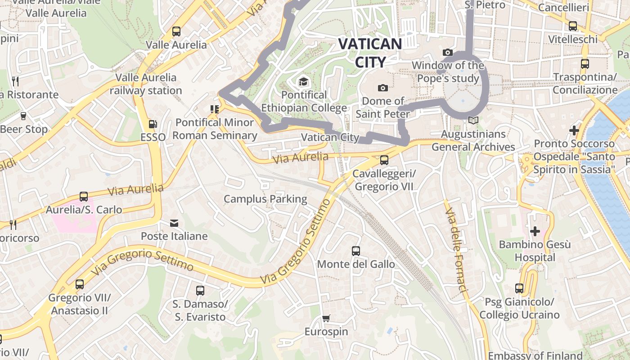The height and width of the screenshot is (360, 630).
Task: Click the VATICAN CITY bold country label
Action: pos(370,53)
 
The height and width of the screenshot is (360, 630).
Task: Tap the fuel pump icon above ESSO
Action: pos(153,124)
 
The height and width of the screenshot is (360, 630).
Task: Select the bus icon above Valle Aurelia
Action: pos(176,31)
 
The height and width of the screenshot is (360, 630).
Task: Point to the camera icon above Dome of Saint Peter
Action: pos(383,88)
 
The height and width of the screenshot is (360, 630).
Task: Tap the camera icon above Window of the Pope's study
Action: pos(447,52)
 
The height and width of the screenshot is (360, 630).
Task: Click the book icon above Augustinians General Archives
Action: pos(473,121)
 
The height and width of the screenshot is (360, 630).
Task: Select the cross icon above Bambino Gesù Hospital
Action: pos(535,231)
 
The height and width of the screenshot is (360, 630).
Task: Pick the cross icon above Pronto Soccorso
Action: pos(574,130)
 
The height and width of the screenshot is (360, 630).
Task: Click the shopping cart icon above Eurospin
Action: pos(326,319)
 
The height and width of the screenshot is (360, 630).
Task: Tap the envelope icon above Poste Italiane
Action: pos(174,223)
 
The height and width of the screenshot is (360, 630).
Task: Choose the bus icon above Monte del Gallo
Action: pos(356,251)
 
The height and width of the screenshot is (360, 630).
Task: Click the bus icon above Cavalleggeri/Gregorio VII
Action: pos(384,160)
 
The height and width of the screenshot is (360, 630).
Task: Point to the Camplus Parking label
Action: pos(265,199)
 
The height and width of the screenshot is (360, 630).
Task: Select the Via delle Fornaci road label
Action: pos(456,250)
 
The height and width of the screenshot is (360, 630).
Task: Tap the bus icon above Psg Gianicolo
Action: pos(519,288)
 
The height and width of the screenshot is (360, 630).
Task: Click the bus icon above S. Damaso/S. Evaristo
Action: pos(200,291)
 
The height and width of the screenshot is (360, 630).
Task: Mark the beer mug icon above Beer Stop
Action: pos(23,116)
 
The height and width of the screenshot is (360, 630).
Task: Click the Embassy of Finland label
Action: pos(535,355)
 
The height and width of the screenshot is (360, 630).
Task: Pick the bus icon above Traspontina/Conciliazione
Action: pos(585,63)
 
